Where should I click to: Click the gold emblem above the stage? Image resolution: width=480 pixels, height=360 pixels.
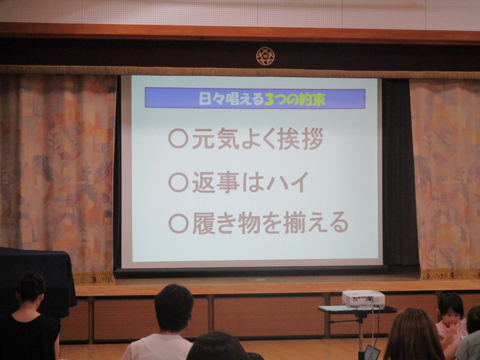click(265, 56)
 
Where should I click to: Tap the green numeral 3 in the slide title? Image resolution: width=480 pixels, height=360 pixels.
click(269, 99)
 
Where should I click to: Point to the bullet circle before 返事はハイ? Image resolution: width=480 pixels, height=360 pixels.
click(178, 182)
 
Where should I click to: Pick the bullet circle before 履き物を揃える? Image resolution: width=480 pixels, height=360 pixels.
click(178, 223)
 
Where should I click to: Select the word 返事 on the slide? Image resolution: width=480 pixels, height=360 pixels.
click(215, 182)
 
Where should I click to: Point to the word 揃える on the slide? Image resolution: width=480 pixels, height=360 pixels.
click(315, 223)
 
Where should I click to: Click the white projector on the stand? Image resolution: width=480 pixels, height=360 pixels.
click(363, 298)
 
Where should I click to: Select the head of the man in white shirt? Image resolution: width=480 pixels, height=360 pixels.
click(173, 308)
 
